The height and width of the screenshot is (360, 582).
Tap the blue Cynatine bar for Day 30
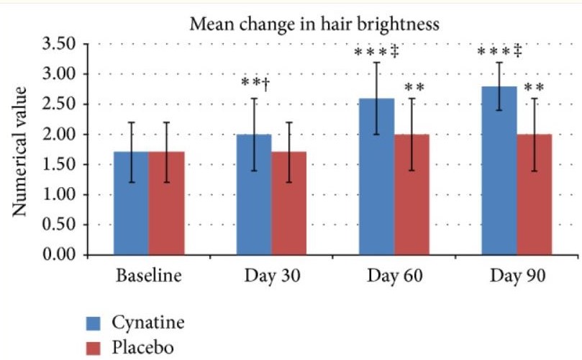[255, 195]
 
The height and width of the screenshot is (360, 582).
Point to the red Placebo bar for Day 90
[535, 195]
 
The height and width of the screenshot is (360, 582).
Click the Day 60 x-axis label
[394, 277]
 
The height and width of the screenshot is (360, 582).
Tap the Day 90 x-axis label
[517, 277]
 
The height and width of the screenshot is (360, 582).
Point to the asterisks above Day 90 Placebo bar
[533, 89]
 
